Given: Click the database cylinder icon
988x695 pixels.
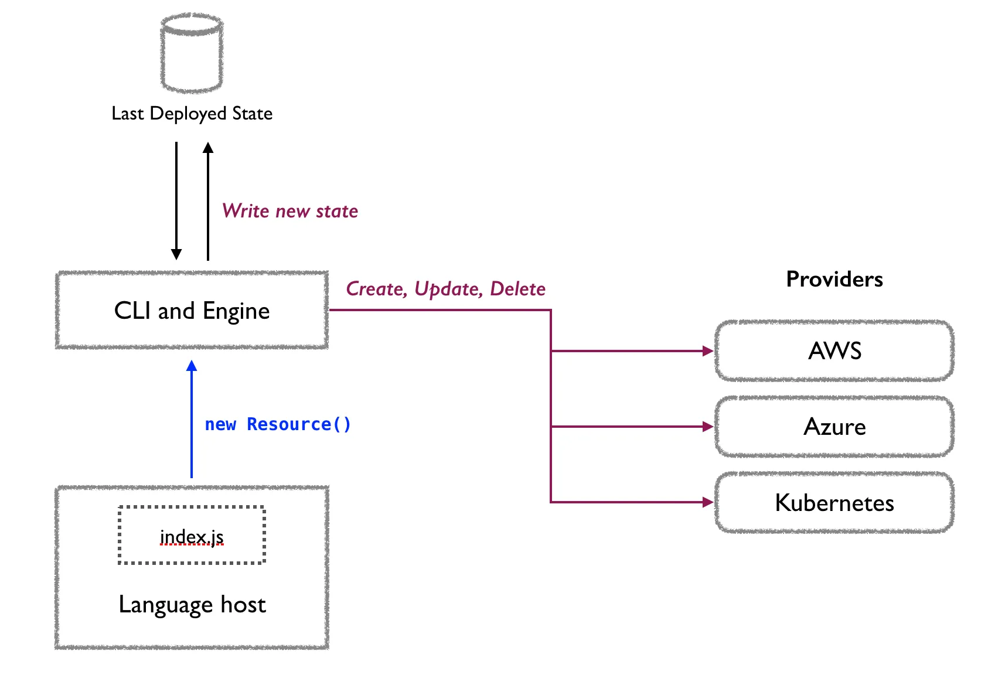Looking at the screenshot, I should [x=192, y=53].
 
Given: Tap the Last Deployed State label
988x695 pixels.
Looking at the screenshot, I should [x=192, y=113].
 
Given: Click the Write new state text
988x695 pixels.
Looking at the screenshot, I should [x=289, y=211].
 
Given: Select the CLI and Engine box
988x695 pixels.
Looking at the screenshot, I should [x=192, y=310].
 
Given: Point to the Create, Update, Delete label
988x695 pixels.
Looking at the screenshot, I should [x=445, y=289].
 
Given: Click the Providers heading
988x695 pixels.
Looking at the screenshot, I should [x=834, y=279].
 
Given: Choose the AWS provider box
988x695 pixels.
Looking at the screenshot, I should [x=834, y=350].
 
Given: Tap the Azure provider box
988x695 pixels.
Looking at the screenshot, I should [x=834, y=427].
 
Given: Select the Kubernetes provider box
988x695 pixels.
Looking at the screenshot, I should [x=834, y=503].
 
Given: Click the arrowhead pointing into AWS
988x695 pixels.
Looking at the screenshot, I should [x=708, y=351].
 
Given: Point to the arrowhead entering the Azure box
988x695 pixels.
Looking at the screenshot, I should [x=708, y=427].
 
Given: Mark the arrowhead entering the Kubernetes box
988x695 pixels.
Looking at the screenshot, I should [x=708, y=502].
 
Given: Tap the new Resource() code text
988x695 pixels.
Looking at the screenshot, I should [x=278, y=424].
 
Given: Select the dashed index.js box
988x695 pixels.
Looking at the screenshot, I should [x=192, y=535].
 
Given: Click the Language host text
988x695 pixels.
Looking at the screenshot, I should [x=192, y=604].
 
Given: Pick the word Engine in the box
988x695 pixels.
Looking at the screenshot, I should [x=236, y=311].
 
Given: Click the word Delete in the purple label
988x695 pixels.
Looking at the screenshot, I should [x=517, y=289].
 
